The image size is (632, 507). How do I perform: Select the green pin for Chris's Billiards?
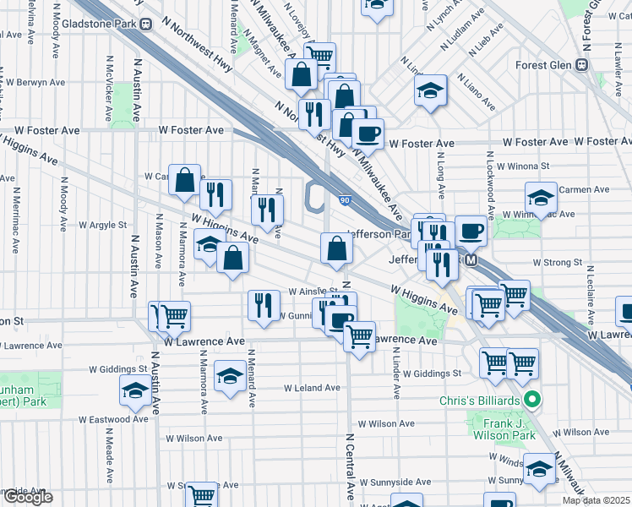[x=531, y=400]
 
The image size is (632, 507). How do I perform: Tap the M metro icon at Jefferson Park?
[x=472, y=261]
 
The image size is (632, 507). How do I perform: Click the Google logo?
[x=27, y=497]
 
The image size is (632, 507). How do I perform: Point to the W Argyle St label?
[x=102, y=225]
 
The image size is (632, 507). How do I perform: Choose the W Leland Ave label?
[x=312, y=388]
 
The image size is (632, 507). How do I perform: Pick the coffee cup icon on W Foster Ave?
[x=368, y=134]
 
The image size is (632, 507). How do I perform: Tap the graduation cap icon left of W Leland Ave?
[x=231, y=377]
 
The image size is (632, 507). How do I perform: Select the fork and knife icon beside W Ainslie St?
[x=264, y=304]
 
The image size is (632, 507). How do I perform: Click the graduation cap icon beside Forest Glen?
[x=431, y=90]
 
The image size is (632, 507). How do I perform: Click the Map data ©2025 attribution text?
[x=596, y=500]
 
